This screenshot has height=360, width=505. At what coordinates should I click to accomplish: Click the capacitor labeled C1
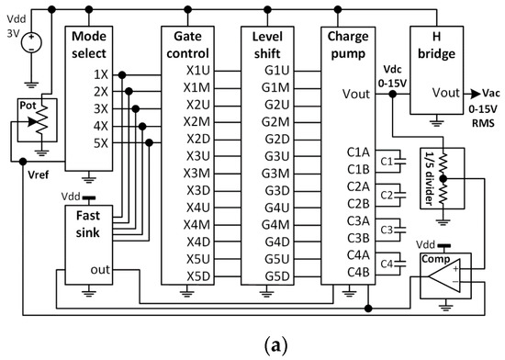[387, 162]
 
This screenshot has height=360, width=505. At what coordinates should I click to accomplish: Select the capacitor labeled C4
[387, 264]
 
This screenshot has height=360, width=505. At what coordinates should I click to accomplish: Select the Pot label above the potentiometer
[28, 107]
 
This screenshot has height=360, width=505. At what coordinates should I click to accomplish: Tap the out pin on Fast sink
[100, 268]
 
